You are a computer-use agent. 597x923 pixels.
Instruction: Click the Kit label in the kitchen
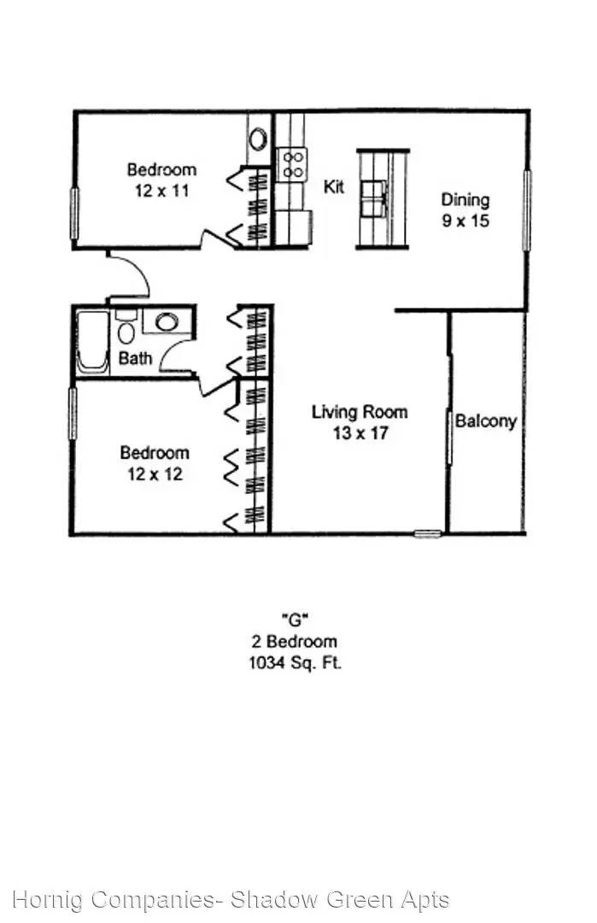click(x=333, y=186)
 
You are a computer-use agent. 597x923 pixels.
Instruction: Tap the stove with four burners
click(x=292, y=164)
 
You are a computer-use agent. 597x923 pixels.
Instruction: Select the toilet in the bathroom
click(x=126, y=329)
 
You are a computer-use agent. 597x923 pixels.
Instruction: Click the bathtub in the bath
click(x=93, y=342)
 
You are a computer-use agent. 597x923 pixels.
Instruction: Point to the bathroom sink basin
click(x=167, y=322)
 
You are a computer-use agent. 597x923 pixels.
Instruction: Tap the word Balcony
click(x=486, y=421)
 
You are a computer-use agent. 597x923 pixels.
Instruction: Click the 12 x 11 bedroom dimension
click(x=161, y=191)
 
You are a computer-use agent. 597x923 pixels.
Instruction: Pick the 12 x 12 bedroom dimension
click(x=155, y=473)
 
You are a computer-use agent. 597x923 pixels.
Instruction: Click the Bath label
click(x=135, y=358)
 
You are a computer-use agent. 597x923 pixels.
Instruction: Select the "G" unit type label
click(x=294, y=620)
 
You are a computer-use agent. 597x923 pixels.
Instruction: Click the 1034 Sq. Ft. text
click(x=296, y=663)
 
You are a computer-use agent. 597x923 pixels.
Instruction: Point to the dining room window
click(x=527, y=210)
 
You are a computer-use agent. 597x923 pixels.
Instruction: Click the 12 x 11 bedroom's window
click(x=74, y=213)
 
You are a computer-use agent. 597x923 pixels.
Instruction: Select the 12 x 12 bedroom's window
click(x=73, y=414)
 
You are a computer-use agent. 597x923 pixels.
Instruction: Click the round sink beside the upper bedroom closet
click(x=258, y=139)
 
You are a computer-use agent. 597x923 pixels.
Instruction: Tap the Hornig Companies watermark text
click(x=231, y=900)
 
